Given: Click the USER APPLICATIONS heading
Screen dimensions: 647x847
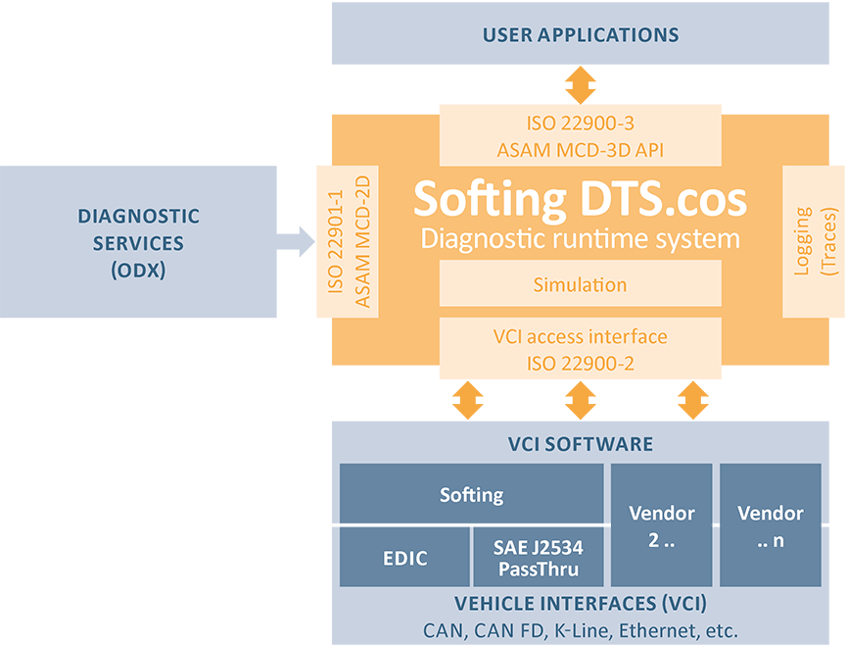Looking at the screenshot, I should click(x=580, y=35).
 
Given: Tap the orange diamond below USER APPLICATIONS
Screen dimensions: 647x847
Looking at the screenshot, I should click(x=581, y=84).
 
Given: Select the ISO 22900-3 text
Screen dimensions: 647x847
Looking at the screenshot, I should click(x=580, y=124).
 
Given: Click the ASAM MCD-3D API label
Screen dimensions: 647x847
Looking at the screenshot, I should click(x=580, y=150).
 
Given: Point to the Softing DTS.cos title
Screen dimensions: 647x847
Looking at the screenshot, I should click(x=580, y=199).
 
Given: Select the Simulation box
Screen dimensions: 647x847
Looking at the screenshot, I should click(x=580, y=285).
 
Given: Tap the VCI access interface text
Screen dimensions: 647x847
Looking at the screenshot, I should click(x=580, y=337).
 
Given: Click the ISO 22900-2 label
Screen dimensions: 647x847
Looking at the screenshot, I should click(x=580, y=364).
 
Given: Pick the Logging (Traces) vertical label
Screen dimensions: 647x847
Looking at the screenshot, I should click(x=815, y=240).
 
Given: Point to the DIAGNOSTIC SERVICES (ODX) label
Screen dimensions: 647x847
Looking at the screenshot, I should click(x=138, y=243).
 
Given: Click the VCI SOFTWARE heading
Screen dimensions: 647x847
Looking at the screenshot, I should click(x=580, y=444).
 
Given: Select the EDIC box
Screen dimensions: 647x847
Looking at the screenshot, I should click(x=404, y=559).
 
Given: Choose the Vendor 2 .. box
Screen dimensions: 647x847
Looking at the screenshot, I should click(x=661, y=525).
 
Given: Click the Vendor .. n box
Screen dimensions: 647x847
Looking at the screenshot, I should click(x=770, y=525).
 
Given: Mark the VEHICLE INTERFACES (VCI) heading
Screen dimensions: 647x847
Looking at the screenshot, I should click(x=580, y=604).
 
